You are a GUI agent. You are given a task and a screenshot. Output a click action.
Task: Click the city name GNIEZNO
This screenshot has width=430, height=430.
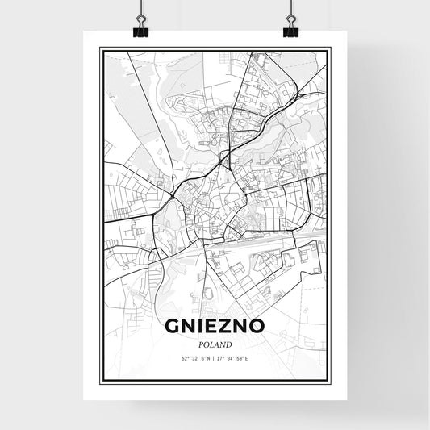[x=215, y=327]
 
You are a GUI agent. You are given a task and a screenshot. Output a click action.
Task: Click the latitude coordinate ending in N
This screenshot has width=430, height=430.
[x=194, y=357]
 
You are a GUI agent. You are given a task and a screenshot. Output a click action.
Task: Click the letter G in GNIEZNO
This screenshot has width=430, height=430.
[x=173, y=327]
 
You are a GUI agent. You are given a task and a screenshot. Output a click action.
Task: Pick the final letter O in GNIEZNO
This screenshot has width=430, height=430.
[x=257, y=327]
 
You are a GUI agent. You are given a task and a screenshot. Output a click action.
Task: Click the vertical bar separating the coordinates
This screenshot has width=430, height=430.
[x=215, y=357]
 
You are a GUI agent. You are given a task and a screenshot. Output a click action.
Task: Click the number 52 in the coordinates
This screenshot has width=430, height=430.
[x=185, y=357]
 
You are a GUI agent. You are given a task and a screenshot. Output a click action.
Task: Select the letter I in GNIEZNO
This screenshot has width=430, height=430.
[x=202, y=327]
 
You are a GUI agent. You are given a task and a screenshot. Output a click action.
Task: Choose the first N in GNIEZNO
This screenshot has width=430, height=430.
[x=190, y=327]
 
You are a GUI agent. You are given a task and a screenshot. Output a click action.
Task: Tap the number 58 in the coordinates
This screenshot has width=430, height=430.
[x=240, y=357]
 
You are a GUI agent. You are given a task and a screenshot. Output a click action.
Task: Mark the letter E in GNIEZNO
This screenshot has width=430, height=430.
[x=214, y=327]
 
